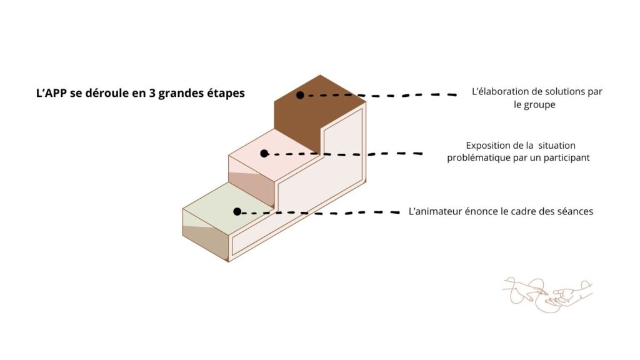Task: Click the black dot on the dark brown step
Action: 300,95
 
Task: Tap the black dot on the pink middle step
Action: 264,154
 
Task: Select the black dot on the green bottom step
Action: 237,211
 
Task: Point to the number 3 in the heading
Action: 152,93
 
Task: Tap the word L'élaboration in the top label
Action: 498,91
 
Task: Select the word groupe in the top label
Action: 539,105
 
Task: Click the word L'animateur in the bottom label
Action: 435,211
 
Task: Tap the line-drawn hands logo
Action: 547,294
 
